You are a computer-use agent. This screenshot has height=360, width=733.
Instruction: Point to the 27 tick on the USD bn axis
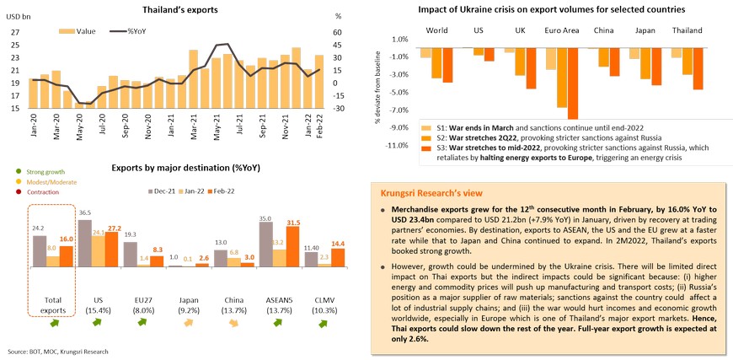tap(14, 33)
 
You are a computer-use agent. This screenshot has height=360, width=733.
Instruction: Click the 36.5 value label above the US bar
tap(83, 212)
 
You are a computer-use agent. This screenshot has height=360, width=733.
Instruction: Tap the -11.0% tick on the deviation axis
tap(396, 146)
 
